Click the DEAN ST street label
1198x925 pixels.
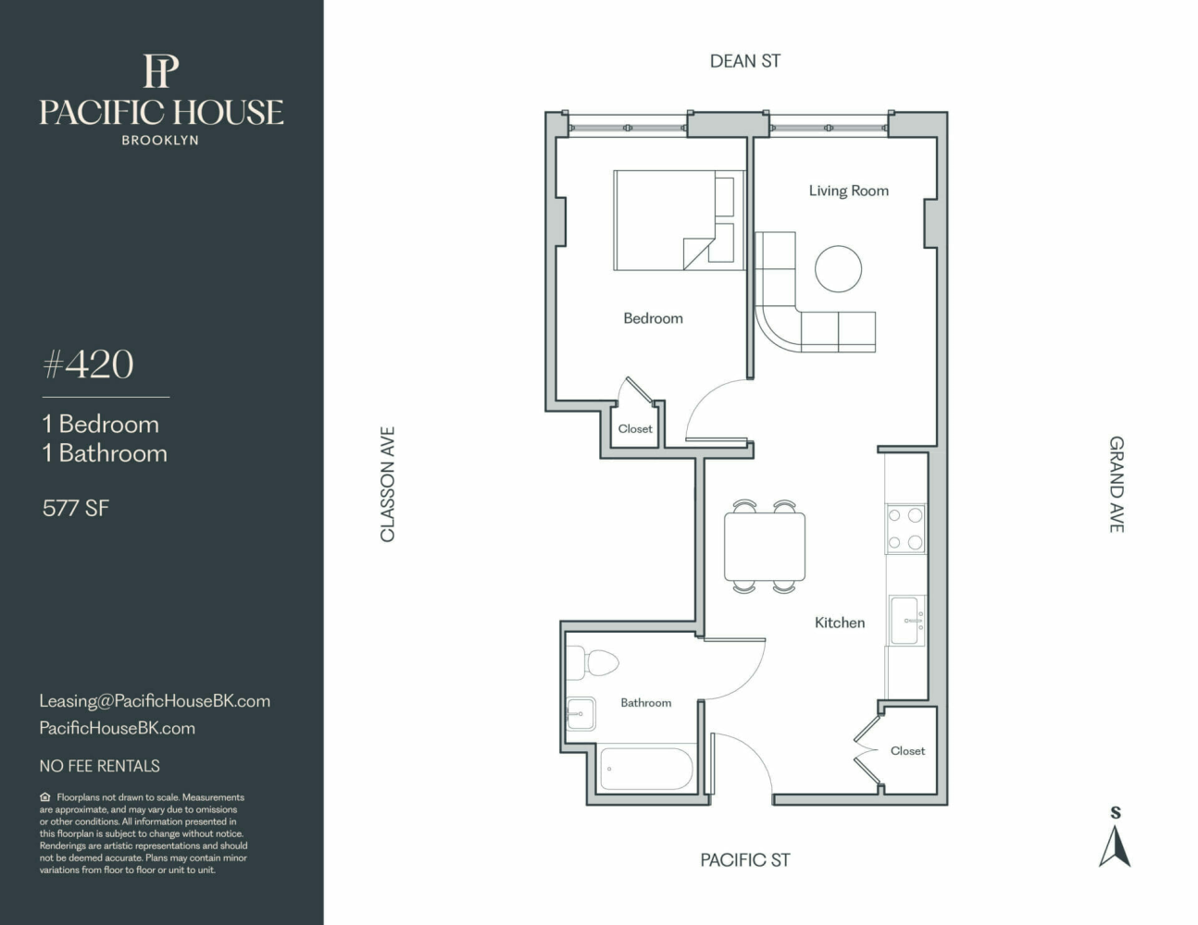click(x=745, y=61)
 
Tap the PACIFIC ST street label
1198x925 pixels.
click(x=745, y=860)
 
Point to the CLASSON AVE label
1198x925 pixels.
click(x=388, y=484)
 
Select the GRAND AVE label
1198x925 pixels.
click(x=1117, y=485)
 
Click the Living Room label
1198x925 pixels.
click(x=848, y=191)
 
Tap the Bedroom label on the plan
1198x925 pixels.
click(x=653, y=318)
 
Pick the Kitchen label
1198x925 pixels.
click(x=840, y=623)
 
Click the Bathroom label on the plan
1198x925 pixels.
click(x=645, y=703)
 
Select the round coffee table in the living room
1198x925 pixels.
click(x=838, y=268)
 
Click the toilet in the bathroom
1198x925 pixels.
click(x=593, y=663)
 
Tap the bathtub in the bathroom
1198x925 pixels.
click(x=646, y=769)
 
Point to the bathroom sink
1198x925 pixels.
click(x=580, y=713)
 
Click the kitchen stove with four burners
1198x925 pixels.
click(x=905, y=528)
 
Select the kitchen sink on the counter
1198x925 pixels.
click(x=906, y=621)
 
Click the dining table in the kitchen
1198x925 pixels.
click(x=765, y=547)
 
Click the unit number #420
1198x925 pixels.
click(x=88, y=364)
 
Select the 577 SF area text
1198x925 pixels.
click(x=76, y=508)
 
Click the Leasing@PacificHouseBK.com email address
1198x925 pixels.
click(x=155, y=701)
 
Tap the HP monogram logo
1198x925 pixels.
click(x=161, y=70)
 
